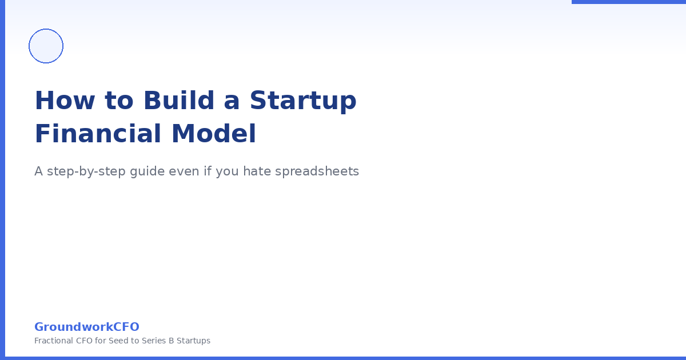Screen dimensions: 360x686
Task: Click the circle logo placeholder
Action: (46, 46)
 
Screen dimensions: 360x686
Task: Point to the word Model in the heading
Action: (213, 134)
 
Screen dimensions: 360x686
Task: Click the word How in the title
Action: (63, 101)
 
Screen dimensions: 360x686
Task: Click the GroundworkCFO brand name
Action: (87, 327)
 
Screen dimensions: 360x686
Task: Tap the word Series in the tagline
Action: (153, 341)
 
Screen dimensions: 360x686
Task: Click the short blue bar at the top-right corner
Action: (629, 2)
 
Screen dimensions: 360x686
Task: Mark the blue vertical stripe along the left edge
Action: (2, 180)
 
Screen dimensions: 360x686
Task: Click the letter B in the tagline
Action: (171, 341)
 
